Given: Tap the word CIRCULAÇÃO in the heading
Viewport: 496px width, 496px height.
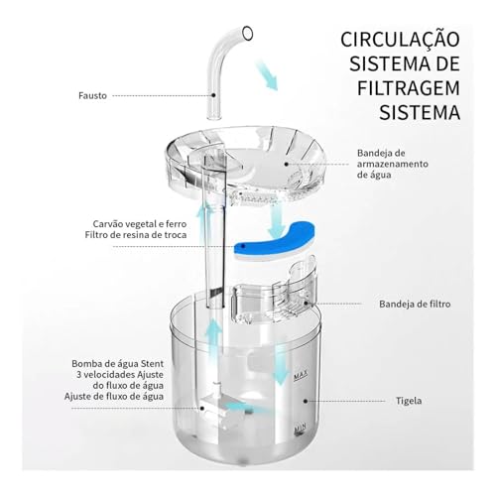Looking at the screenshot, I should (x=400, y=42).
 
